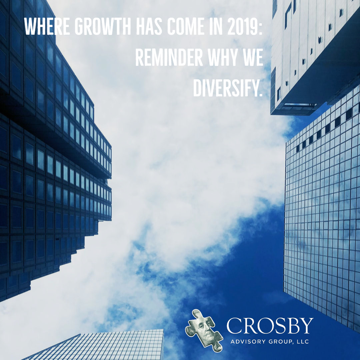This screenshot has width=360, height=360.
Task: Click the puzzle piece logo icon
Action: (x=204, y=331)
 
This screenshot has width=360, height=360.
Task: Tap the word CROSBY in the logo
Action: (x=270, y=325)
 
